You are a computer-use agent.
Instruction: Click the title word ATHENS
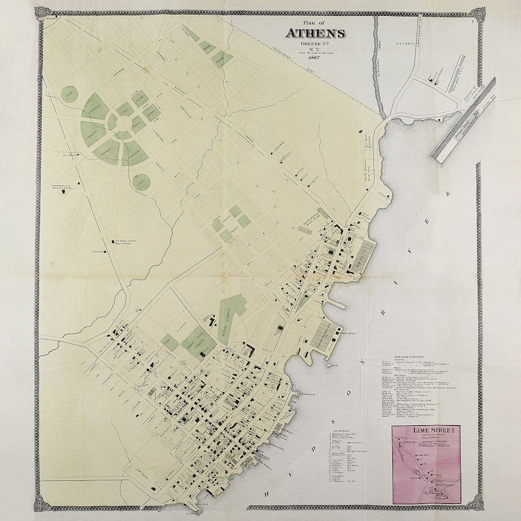tap(316, 34)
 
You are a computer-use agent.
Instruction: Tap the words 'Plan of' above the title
tap(315, 24)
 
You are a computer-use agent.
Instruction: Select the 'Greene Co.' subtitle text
tap(316, 45)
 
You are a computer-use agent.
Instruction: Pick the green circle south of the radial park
tap(140, 181)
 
